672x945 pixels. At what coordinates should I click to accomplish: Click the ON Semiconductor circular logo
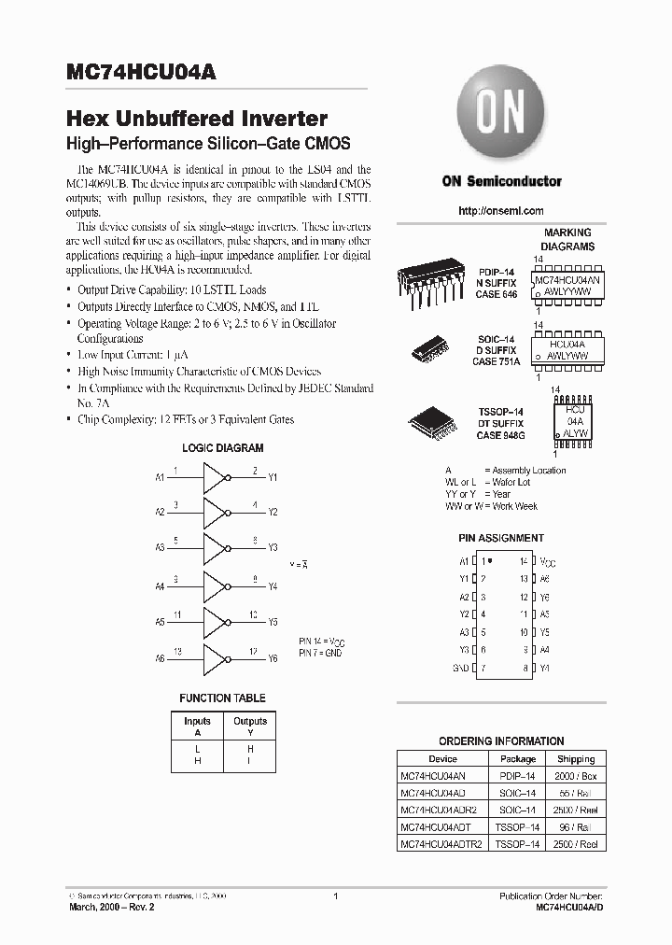(x=501, y=115)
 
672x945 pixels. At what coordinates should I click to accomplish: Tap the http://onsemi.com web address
(x=501, y=211)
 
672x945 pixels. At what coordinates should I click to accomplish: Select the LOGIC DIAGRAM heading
(x=222, y=448)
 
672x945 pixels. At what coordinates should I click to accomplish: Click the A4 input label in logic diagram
(x=160, y=586)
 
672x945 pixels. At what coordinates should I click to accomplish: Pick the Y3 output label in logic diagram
(x=273, y=548)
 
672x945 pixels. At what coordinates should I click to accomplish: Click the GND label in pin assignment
(x=460, y=669)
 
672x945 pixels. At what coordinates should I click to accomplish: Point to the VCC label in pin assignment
(x=547, y=562)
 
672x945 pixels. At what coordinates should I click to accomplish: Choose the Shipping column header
(x=576, y=759)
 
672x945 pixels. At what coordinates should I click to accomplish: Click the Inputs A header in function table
(x=197, y=726)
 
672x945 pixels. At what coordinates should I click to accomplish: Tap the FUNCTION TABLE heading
(x=222, y=698)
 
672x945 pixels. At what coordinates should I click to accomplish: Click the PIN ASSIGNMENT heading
(x=501, y=539)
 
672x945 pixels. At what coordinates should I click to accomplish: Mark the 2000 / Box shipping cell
(x=576, y=776)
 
